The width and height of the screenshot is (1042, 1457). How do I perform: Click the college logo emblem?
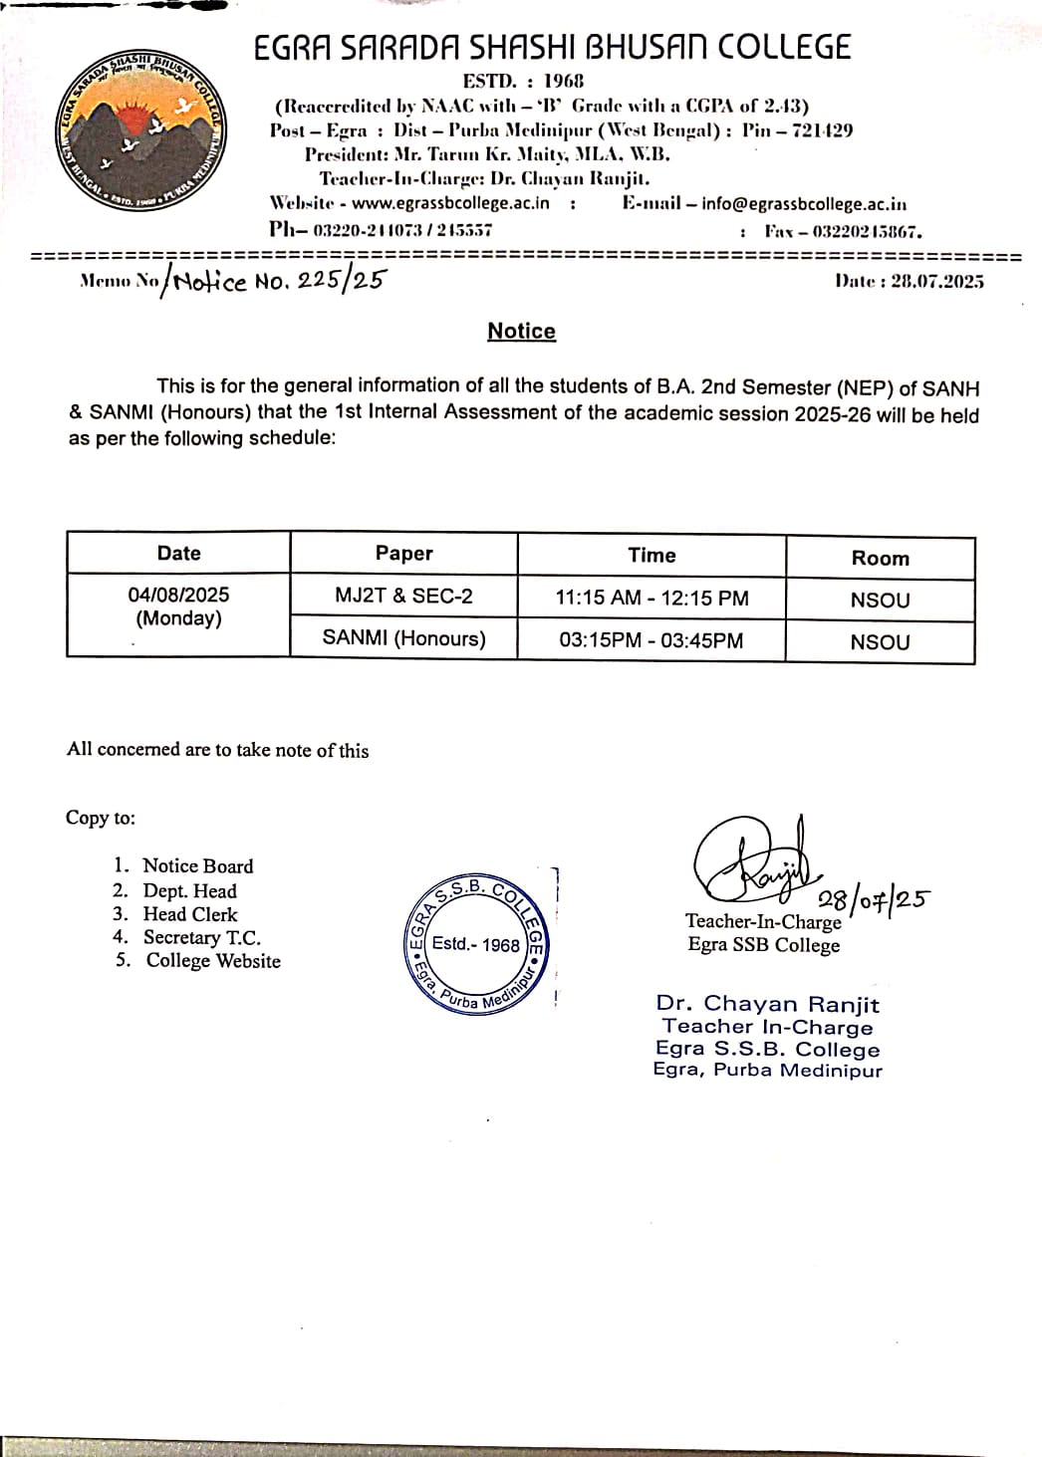click(x=139, y=130)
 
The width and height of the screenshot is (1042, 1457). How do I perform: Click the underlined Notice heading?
click(x=521, y=332)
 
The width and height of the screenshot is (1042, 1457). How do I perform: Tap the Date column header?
click(x=178, y=554)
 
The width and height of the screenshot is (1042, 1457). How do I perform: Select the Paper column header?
click(x=403, y=554)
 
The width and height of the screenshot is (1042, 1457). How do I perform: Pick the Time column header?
click(x=651, y=556)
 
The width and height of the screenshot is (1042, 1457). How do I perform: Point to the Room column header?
click(x=880, y=559)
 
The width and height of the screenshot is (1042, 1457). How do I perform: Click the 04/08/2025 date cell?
click(x=178, y=606)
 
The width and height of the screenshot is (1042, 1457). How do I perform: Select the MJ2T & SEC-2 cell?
click(x=403, y=597)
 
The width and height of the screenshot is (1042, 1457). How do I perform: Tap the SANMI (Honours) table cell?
click(x=403, y=638)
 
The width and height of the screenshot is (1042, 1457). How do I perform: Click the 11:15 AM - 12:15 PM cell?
click(x=651, y=599)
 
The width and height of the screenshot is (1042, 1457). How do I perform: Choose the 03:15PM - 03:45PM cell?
click(x=651, y=640)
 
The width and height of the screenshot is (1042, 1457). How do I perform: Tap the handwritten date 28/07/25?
click(x=873, y=899)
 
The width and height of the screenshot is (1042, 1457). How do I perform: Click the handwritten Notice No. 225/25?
click(x=278, y=281)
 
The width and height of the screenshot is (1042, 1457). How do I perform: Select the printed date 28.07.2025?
click(x=909, y=282)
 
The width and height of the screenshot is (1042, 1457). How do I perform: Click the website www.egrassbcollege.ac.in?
click(x=450, y=203)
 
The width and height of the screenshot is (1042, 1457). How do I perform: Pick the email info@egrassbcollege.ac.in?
click(x=804, y=204)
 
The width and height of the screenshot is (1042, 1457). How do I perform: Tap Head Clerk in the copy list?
click(x=190, y=914)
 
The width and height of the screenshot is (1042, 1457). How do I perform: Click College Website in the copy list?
click(x=213, y=961)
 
